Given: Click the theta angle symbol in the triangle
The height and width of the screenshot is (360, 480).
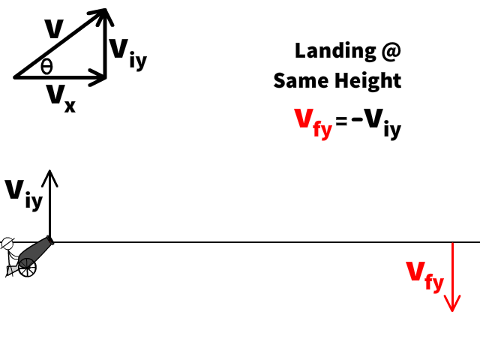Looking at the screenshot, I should (46, 67).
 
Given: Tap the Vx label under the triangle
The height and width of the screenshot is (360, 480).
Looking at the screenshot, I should (60, 97).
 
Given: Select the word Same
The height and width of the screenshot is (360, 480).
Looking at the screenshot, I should (300, 80).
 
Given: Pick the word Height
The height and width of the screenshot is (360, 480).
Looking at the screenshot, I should (367, 81).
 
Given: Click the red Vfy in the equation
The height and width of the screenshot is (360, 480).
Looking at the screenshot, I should (312, 122).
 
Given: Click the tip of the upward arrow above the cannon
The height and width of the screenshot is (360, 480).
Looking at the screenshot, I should (50, 172).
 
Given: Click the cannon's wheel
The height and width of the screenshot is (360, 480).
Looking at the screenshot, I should (27, 266).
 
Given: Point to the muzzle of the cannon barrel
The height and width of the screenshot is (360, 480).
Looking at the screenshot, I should (50, 241).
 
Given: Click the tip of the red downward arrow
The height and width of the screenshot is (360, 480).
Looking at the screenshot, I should (451, 310).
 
